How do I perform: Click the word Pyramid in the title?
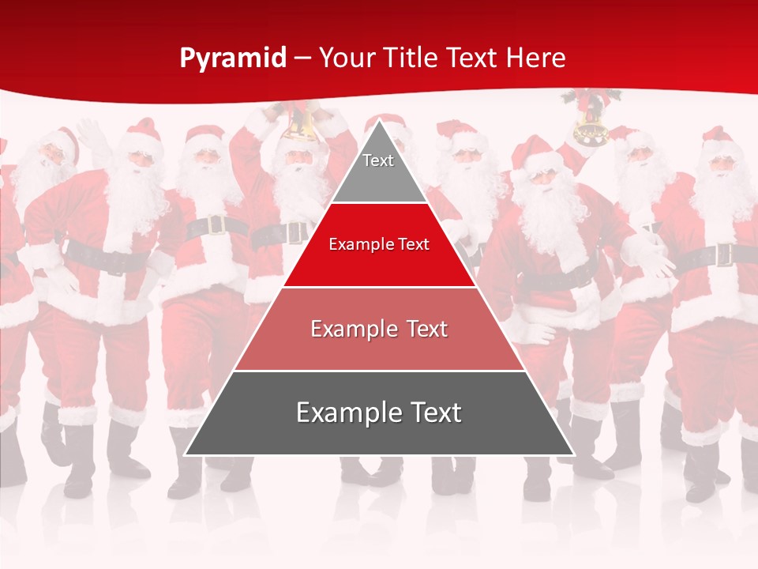(233, 58)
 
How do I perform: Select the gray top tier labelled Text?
(378, 170)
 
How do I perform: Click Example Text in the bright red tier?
(379, 244)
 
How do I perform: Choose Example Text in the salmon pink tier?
(379, 329)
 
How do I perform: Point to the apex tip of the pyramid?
(379, 121)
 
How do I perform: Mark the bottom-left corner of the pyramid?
(186, 454)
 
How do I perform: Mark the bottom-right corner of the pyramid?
(573, 454)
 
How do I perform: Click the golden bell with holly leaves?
(589, 126)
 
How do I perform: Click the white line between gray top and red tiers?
(379, 203)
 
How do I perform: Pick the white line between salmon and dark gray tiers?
(379, 371)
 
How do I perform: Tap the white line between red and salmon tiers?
(379, 287)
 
